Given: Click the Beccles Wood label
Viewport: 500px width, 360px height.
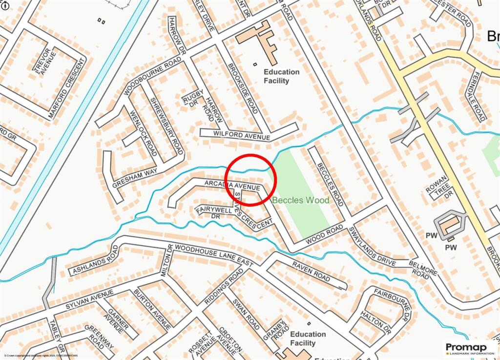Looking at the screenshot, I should tap(300, 200).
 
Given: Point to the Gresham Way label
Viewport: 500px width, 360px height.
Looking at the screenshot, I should tap(134, 171).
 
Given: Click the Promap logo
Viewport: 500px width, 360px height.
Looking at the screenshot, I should tap(469, 349).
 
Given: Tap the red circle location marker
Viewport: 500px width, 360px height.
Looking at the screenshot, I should tap(251, 179).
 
